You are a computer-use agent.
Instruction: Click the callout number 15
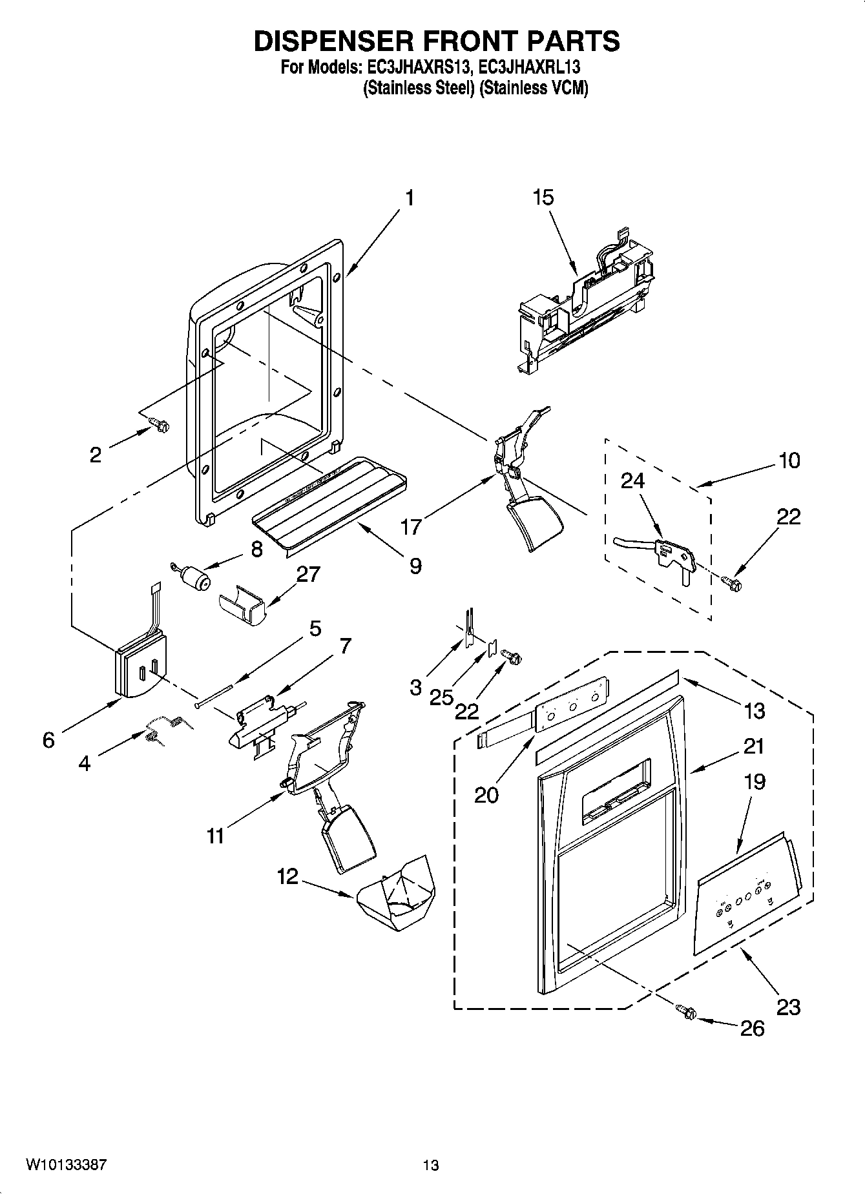pos(543,198)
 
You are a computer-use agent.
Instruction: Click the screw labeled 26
pos(685,1012)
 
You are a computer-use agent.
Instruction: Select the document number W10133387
pos(66,1164)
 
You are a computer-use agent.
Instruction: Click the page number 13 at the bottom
pos(431,1165)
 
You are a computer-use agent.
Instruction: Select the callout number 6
pos(48,739)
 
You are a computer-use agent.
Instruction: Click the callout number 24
pos(633,480)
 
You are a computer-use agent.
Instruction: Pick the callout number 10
pos(789,460)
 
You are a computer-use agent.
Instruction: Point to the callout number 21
pos(753,746)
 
